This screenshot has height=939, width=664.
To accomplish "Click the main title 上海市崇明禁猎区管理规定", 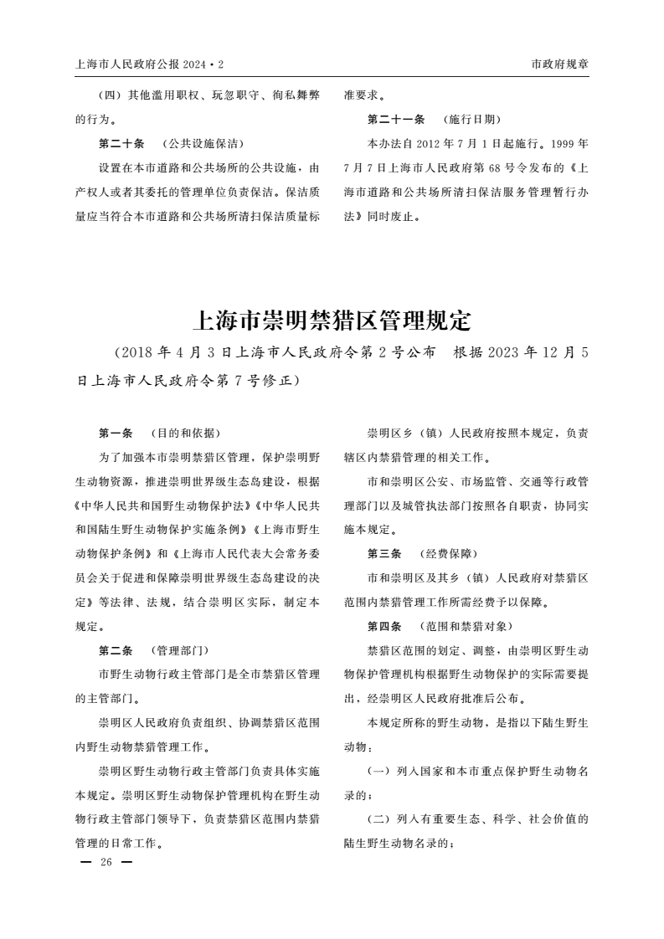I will click(x=332, y=321).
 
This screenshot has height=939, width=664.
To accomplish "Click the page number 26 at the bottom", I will click(x=106, y=862).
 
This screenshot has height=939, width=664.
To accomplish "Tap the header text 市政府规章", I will click(x=559, y=64).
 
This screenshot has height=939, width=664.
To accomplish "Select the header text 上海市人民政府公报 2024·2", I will click(x=150, y=64).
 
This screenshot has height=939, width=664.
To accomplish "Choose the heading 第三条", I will click(x=384, y=554).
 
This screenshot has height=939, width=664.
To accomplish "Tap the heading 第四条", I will click(x=384, y=626).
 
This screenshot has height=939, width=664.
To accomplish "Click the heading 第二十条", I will click(x=121, y=143).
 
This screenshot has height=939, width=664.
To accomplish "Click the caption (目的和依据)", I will click(x=185, y=433).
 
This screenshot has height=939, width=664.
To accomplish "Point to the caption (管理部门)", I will click(x=179, y=650).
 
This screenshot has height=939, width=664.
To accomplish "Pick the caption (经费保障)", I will click(x=448, y=554).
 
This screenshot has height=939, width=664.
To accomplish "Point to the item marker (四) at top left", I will click(x=111, y=95).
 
